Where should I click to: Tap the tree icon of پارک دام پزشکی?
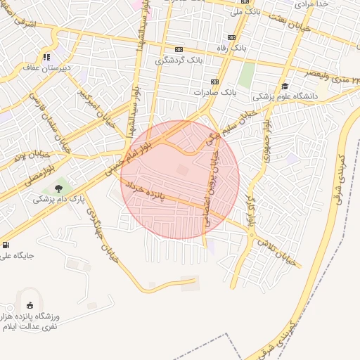click(58, 188)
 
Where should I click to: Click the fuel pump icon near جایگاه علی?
click(6, 245)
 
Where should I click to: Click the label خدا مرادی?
click(312, 4)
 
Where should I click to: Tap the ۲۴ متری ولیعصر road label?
click(331, 73)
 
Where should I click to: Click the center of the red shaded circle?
click(180, 179)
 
